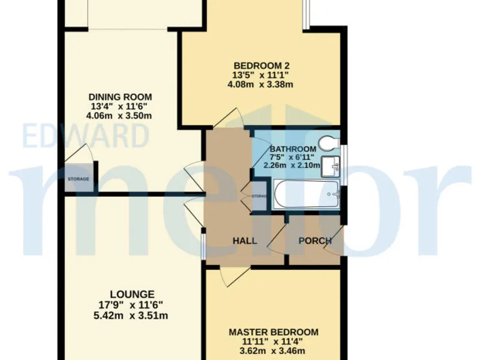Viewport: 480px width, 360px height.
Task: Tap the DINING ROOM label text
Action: click(120, 97)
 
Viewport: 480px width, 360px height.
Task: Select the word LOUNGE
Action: click(132, 294)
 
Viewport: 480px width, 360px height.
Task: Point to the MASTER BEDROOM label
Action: click(273, 332)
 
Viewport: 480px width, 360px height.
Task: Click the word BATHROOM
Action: click(293, 149)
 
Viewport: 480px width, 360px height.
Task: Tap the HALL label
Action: click(245, 241)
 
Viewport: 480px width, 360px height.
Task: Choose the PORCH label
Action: click(314, 241)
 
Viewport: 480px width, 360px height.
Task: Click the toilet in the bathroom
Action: click(326, 144)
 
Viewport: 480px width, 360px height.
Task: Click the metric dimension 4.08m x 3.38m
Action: click(261, 84)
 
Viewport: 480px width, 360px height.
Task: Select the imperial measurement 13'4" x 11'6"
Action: click(120, 106)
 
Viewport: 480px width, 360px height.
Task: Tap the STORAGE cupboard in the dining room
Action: click(78, 179)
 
